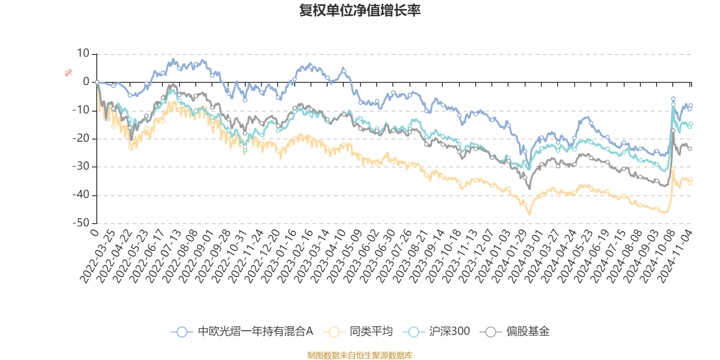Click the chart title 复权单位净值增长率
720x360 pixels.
coord(360,10)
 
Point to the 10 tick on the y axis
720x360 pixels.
coord(83,54)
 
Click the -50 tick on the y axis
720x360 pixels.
coord(81,223)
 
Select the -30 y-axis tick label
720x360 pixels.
coord(81,166)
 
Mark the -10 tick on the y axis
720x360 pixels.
coord(81,110)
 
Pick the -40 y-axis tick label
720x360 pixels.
coord(81,195)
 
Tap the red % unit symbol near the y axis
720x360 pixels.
coord(68,73)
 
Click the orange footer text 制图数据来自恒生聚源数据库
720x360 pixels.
coord(360,355)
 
